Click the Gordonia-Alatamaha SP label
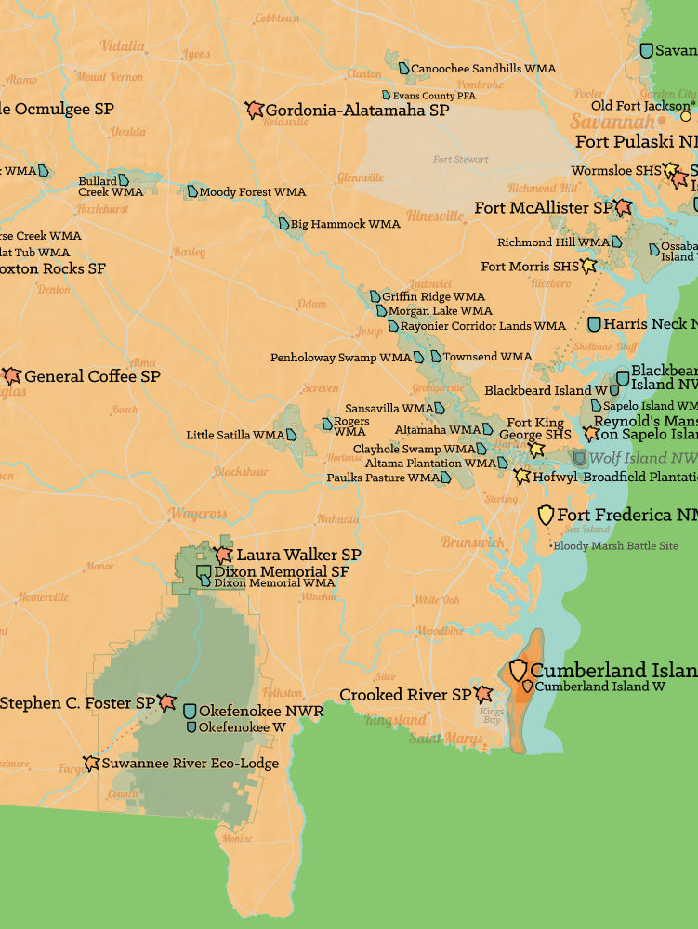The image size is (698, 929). click(x=357, y=111)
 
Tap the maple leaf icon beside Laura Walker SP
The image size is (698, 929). click(x=224, y=554)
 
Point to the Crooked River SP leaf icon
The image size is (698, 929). click(x=482, y=695)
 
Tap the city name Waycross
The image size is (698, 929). click(x=198, y=514)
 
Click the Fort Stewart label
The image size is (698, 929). click(x=461, y=159)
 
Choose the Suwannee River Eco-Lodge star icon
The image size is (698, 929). click(x=91, y=764)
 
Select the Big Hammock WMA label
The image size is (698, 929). click(x=345, y=224)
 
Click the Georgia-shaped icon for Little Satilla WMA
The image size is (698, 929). click(x=292, y=435)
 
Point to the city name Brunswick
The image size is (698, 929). click(x=472, y=543)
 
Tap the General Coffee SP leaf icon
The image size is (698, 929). click(x=12, y=376)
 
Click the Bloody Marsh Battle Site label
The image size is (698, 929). click(x=615, y=546)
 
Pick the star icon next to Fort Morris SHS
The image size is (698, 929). click(x=587, y=267)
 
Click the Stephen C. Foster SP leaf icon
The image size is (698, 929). click(x=167, y=703)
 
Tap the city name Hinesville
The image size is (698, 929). click(x=434, y=216)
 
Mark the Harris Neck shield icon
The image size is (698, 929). click(x=594, y=324)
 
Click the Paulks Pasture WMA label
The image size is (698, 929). click(x=382, y=478)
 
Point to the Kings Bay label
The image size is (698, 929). click(x=492, y=715)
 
